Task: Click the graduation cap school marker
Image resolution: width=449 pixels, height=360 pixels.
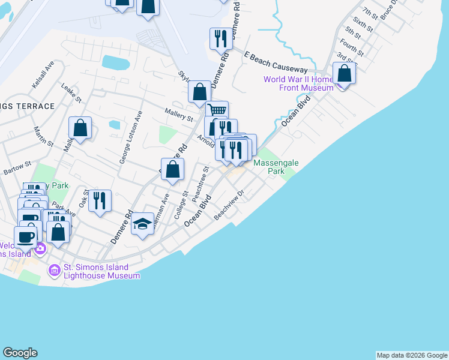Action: (142, 224)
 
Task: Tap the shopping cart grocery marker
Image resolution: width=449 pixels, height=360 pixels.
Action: (217, 110)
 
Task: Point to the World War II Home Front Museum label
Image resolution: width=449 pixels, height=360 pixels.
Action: (298, 83)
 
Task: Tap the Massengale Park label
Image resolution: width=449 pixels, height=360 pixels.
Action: (276, 167)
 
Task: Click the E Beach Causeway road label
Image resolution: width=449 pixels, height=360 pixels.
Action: (276, 62)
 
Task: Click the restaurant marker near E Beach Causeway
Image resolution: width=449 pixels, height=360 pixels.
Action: (220, 39)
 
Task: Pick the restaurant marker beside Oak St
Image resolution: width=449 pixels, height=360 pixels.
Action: (100, 200)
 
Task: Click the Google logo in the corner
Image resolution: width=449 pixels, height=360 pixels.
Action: (20, 353)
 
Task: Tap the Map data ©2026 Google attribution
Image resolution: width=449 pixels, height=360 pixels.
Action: (412, 355)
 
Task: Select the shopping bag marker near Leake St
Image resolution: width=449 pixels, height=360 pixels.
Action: (80, 128)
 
